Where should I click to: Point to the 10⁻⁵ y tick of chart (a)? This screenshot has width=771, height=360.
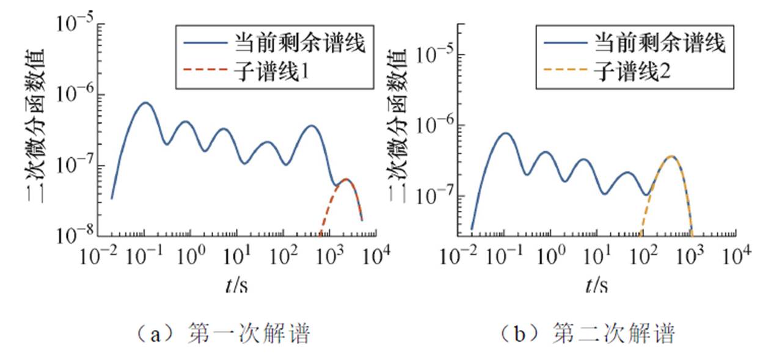(x=75, y=24)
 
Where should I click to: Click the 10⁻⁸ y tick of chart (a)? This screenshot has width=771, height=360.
(x=75, y=235)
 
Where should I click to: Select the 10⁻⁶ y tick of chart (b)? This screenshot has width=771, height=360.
(x=434, y=125)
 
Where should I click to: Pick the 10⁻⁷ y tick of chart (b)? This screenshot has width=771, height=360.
(x=434, y=196)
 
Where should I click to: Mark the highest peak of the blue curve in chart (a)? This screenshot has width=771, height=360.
(x=145, y=103)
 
